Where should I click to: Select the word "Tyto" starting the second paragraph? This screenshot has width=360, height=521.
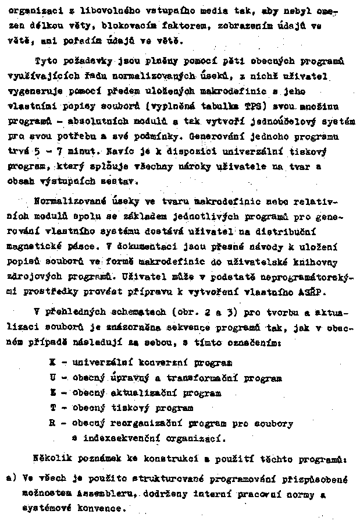(x=45, y=60)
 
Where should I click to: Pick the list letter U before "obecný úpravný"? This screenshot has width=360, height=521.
(x=52, y=378)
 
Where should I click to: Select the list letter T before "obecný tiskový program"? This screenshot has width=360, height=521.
(x=52, y=409)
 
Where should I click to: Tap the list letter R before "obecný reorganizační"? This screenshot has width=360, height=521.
(x=52, y=423)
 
